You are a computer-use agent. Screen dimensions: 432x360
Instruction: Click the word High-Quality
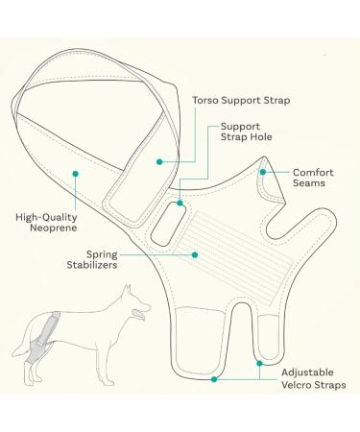46,216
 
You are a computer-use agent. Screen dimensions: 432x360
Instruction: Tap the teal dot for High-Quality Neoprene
75,173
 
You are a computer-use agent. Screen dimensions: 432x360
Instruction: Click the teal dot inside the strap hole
180,204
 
